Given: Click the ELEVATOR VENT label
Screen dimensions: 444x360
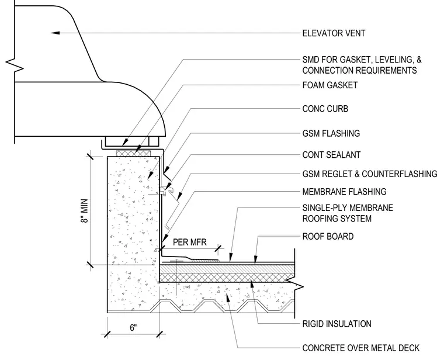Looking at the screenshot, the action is tap(334, 33).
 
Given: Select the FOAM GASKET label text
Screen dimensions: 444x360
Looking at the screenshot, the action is tap(330, 85).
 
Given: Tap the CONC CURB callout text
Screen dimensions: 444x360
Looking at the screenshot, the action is tap(325, 109).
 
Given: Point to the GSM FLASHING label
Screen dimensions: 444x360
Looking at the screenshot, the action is tap(331, 133).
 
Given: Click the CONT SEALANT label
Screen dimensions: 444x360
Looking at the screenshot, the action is tap(331, 155).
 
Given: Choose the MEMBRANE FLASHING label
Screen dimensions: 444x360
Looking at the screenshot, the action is tap(344, 192).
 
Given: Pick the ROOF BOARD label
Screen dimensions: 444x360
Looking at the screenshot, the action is tap(328, 236).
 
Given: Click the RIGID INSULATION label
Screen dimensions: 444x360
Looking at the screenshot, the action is tap(337, 323).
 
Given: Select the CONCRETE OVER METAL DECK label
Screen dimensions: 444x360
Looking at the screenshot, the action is tap(361, 348).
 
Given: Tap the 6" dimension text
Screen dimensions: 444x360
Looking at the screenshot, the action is tap(133, 328).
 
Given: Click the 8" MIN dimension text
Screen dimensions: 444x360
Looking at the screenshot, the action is tap(85, 211).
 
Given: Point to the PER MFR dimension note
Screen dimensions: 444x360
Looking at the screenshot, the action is tap(190, 242).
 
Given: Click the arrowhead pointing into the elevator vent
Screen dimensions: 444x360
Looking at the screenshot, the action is tap(56, 33).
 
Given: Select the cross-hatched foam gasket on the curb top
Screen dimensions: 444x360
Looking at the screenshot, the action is tap(134, 153).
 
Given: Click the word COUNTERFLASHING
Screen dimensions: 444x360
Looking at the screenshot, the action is tap(400, 174).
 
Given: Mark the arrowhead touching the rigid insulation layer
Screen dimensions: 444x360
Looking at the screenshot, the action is tap(251, 278).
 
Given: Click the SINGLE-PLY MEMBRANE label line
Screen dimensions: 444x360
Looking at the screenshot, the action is tap(348, 207).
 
